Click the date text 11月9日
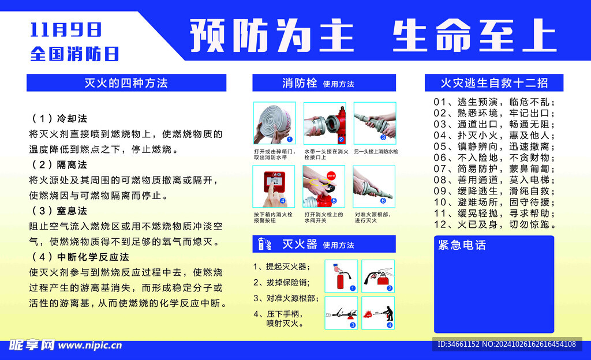pyautogui.click(x=66, y=30)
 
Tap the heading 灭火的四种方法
pyautogui.click(x=126, y=83)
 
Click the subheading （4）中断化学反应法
pyautogui.click(x=80, y=257)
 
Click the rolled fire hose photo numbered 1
pyautogui.click(x=274, y=123)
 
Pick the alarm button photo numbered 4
pyautogui.click(x=274, y=186)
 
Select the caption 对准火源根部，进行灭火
pyautogui.click(x=373, y=217)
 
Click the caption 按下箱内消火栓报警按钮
pyautogui.click(x=273, y=217)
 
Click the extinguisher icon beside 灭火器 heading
pyautogui.click(x=264, y=244)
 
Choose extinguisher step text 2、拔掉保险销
pyautogui.click(x=281, y=283)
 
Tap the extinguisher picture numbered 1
pyautogui.click(x=341, y=276)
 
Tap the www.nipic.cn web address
pyautogui.click(x=90, y=346)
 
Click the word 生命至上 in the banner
pyautogui.click(x=475, y=35)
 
